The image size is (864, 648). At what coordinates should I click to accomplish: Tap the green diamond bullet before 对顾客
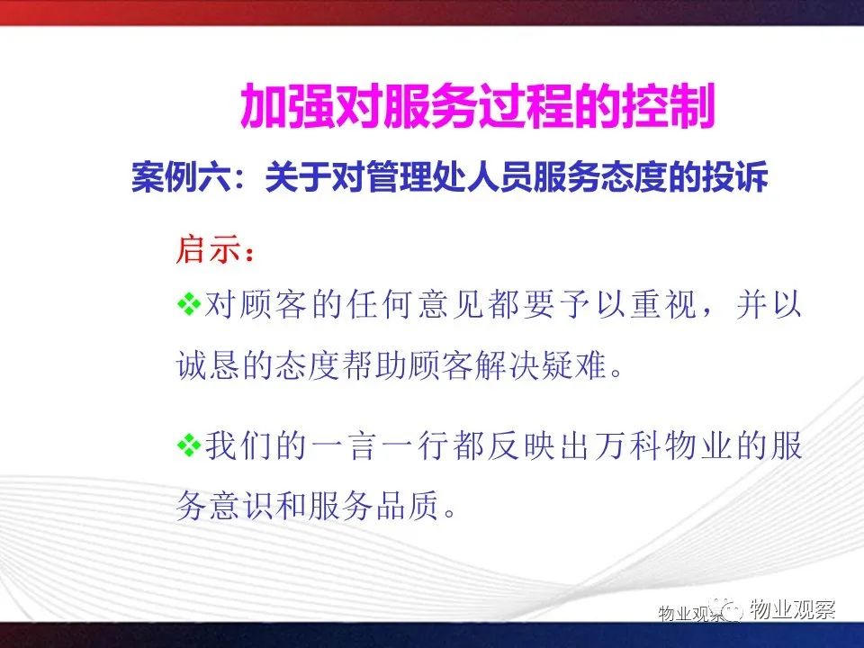coord(189,303)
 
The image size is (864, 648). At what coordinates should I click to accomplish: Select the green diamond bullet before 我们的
coord(189,445)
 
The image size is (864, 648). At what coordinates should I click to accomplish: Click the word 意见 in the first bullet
coord(451,304)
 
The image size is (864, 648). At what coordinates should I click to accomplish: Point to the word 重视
coord(664,304)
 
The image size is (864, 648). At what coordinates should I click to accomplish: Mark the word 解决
coord(507,364)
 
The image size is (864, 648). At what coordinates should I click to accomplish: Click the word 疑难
coord(573,364)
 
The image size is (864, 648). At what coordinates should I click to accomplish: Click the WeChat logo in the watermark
coord(731,609)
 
